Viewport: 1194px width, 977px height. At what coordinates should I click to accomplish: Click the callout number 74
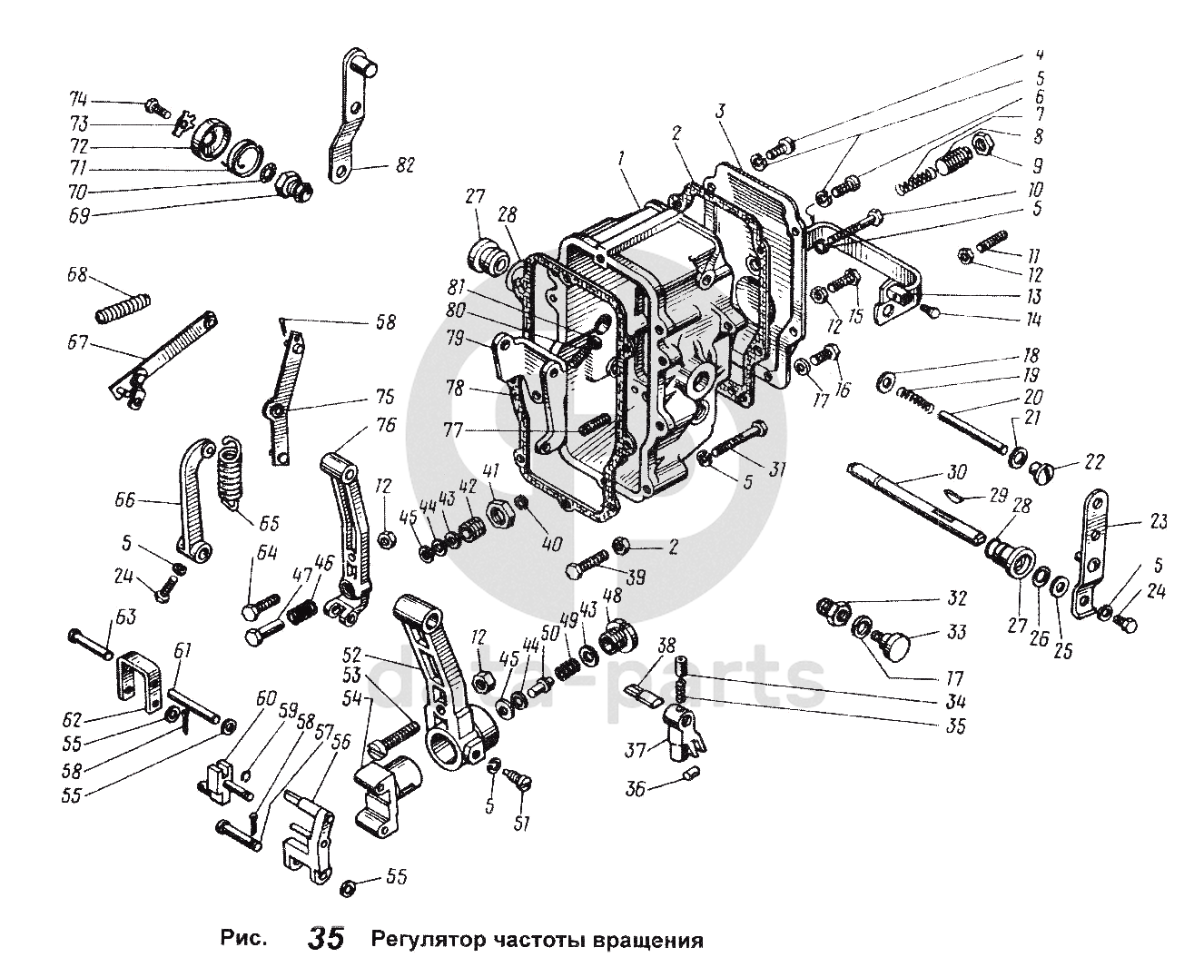[x=79, y=100]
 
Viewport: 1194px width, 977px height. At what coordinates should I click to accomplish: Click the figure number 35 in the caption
[x=326, y=939]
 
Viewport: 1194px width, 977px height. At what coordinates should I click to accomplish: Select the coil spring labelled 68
[x=123, y=306]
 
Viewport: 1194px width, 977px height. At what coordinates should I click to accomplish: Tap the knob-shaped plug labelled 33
[x=899, y=646]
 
